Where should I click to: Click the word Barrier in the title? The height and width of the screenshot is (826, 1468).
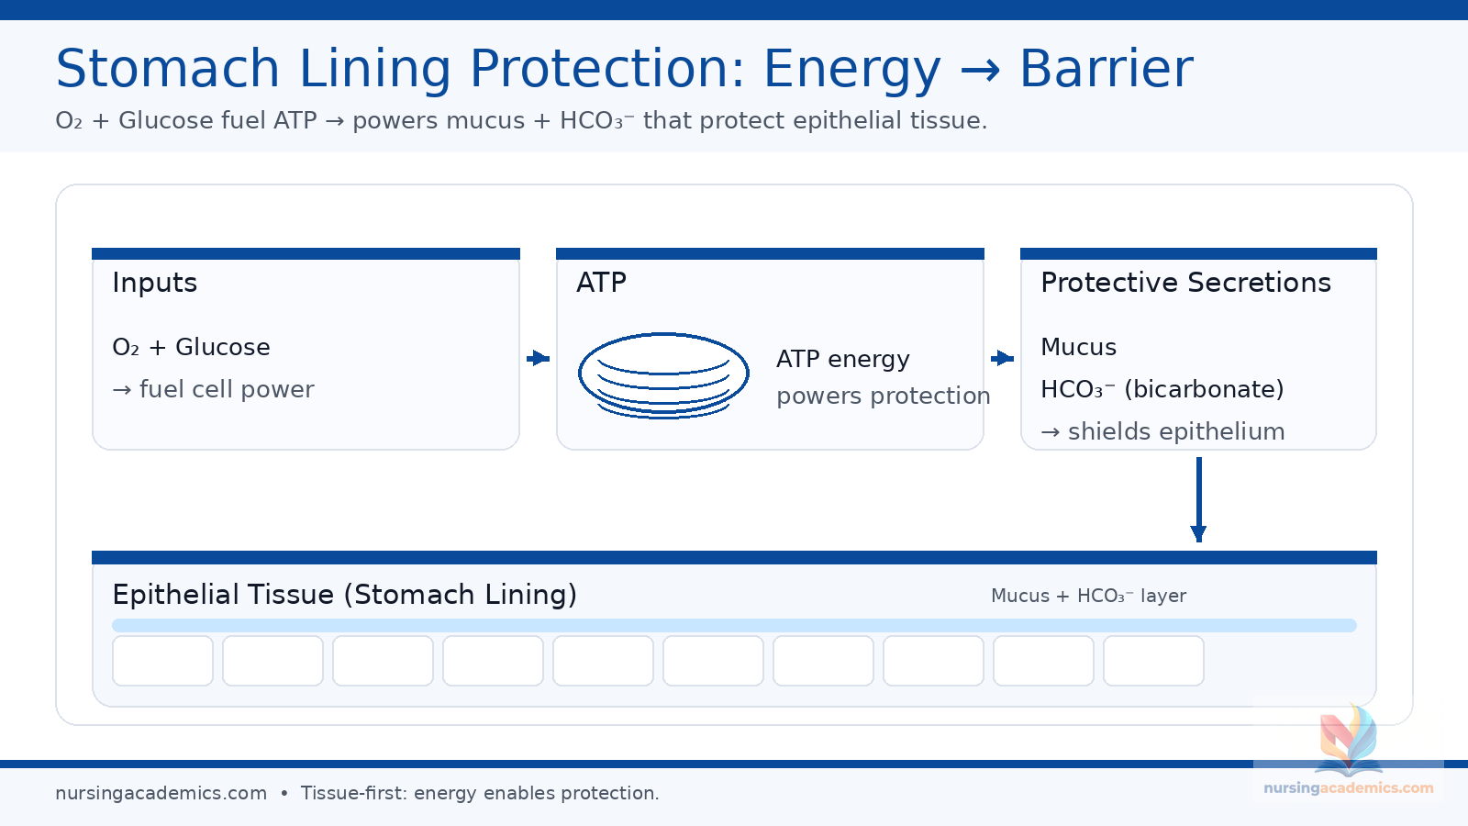tap(1107, 69)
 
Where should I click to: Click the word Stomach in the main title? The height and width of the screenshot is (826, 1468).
tap(168, 69)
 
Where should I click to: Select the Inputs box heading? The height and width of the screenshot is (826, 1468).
tap(155, 283)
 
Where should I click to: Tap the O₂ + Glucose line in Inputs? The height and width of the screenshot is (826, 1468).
tap(191, 347)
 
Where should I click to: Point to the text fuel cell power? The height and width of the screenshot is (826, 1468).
tap(226, 389)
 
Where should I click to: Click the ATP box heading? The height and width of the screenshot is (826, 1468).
tap(601, 283)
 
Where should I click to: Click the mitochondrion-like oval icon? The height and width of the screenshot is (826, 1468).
tap(663, 375)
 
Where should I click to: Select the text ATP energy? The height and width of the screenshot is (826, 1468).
tap(843, 359)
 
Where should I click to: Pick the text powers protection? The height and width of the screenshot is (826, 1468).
tap(883, 396)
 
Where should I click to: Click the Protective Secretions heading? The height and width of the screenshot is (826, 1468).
tap(1185, 283)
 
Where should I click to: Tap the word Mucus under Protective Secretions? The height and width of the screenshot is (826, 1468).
tap(1078, 347)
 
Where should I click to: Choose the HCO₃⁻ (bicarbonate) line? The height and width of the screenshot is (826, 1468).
tap(1162, 389)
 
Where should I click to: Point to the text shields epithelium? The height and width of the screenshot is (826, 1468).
tap(1175, 431)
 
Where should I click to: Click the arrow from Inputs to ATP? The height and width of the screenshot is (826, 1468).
tap(539, 358)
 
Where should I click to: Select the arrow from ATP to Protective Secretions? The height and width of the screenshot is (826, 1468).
tap(1003, 358)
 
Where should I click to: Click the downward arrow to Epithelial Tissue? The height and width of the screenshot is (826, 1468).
tap(1198, 500)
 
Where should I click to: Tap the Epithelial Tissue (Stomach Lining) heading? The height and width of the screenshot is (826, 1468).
tap(344, 595)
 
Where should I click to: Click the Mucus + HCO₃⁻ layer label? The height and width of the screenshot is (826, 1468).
tap(1088, 596)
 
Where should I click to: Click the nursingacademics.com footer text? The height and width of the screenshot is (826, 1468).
tap(161, 793)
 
